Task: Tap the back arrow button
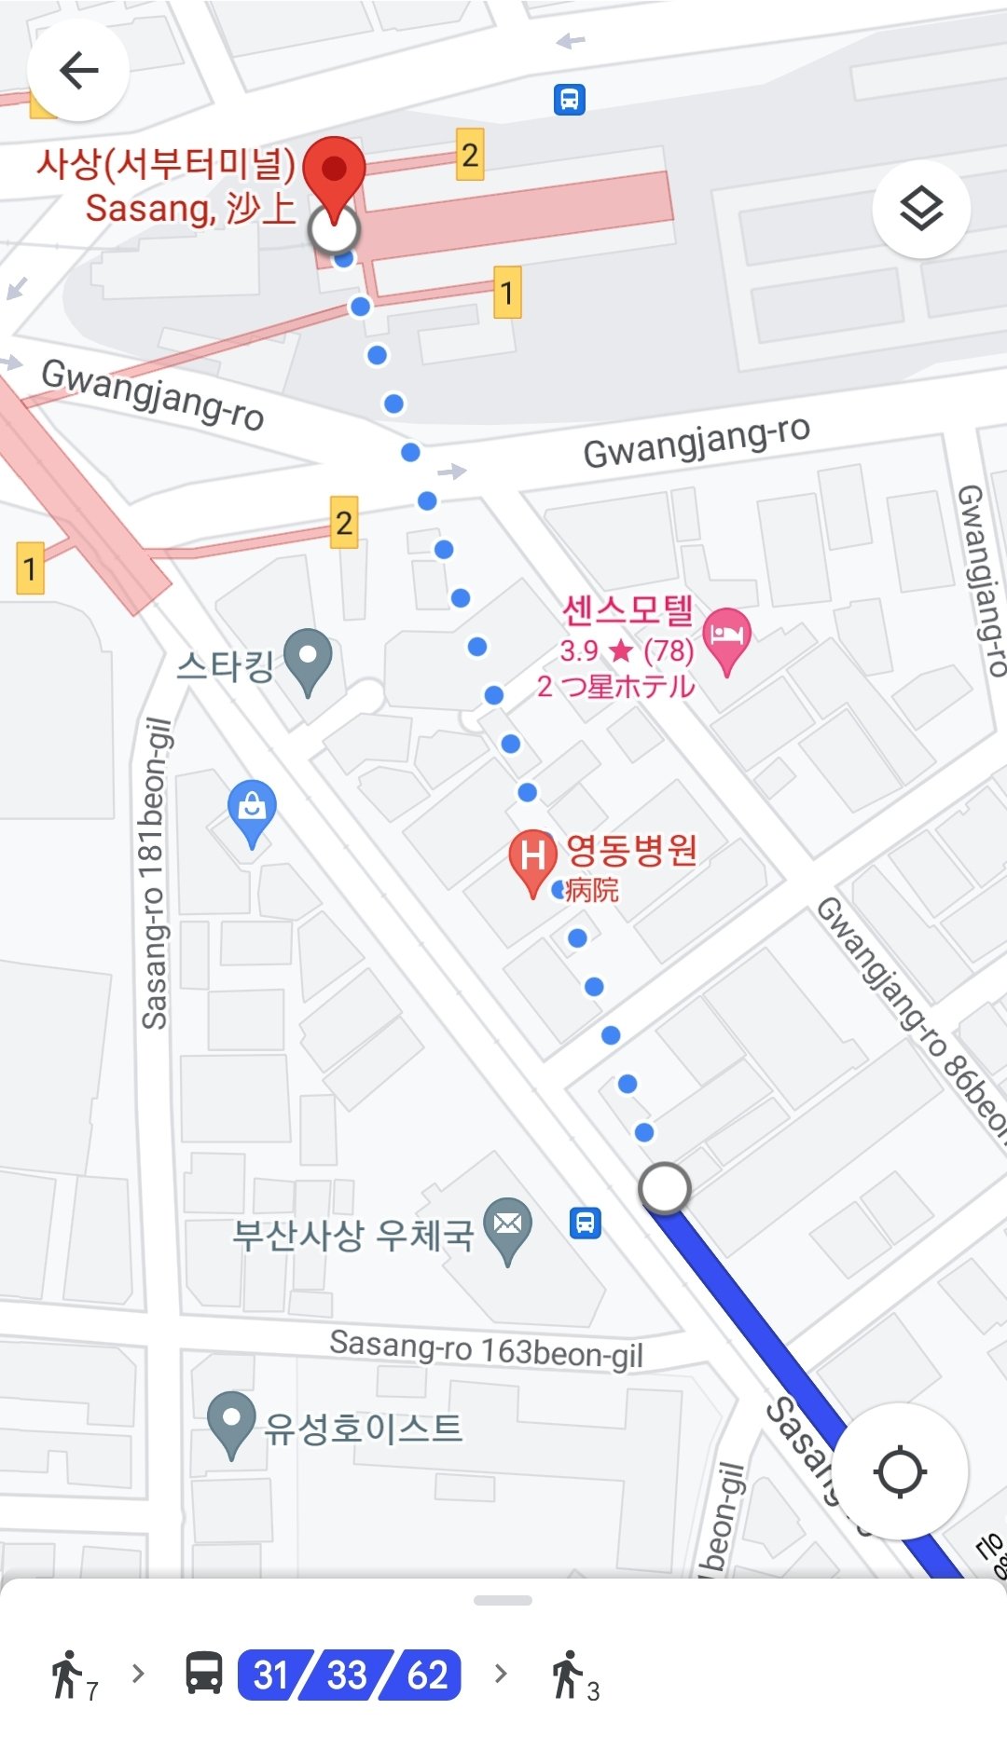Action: (x=78, y=70)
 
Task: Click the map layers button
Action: (x=921, y=209)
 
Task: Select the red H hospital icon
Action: (x=531, y=857)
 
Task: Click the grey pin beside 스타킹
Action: (x=308, y=659)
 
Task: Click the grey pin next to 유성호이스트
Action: (x=230, y=1421)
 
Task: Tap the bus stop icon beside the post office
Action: (x=586, y=1222)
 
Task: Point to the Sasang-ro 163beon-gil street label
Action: (x=486, y=1348)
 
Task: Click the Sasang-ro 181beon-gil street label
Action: (x=156, y=873)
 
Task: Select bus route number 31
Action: (x=271, y=1675)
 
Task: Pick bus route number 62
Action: (x=427, y=1675)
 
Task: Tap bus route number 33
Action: (x=348, y=1675)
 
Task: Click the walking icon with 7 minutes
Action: (x=70, y=1675)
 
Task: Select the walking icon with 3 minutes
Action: (x=570, y=1675)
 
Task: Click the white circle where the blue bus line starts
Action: (x=664, y=1188)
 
